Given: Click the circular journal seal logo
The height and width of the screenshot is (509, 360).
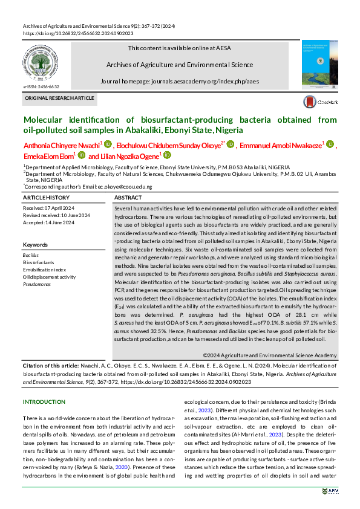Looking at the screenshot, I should coord(45,64).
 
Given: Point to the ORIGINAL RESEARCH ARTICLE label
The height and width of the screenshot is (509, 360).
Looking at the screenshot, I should coord(59,98).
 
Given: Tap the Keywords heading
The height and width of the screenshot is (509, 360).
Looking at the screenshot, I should coord(35,244).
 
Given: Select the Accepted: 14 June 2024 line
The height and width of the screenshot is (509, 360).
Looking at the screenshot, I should coord(48,222).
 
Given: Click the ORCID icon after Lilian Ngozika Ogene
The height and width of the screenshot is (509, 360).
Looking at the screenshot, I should coord(168,155).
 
